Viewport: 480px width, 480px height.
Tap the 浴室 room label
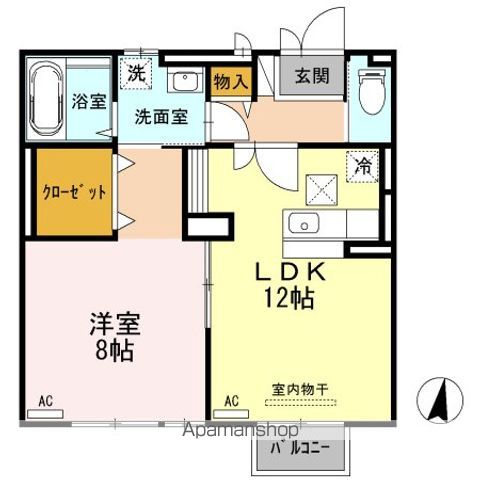click(x=88, y=102)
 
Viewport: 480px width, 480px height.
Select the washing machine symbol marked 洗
click(x=135, y=72)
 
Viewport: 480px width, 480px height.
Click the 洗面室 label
click(x=161, y=115)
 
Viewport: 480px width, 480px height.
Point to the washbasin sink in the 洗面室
click(x=182, y=81)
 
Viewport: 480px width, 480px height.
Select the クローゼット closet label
click(x=73, y=192)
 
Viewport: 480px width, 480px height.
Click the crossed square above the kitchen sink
click(x=321, y=188)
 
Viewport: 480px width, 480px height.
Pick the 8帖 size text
click(x=114, y=351)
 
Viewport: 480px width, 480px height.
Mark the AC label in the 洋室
click(x=45, y=401)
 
